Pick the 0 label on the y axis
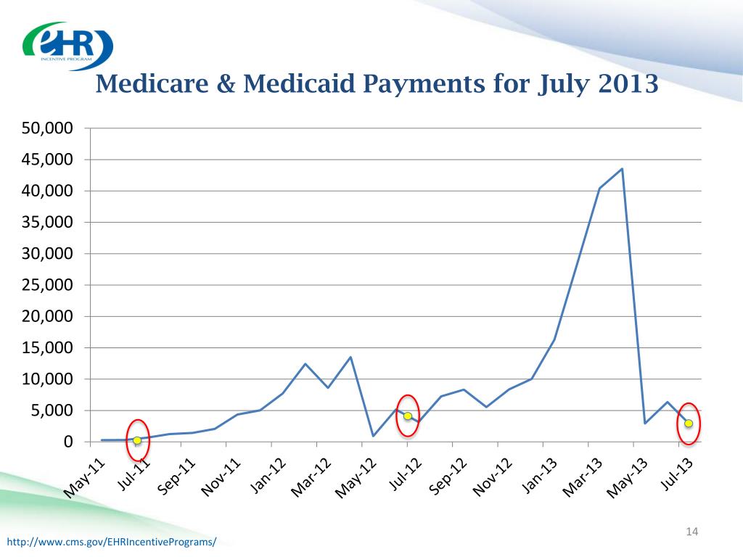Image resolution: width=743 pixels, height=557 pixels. [70, 442]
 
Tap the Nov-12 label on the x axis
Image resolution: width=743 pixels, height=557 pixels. [493, 479]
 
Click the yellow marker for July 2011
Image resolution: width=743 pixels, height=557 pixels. [137, 440]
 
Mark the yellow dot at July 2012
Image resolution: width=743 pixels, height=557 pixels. [408, 416]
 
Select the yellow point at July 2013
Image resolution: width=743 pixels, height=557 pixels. [689, 423]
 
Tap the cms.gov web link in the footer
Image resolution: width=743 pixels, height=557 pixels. [111, 542]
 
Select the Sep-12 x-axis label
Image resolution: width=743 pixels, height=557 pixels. [448, 478]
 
